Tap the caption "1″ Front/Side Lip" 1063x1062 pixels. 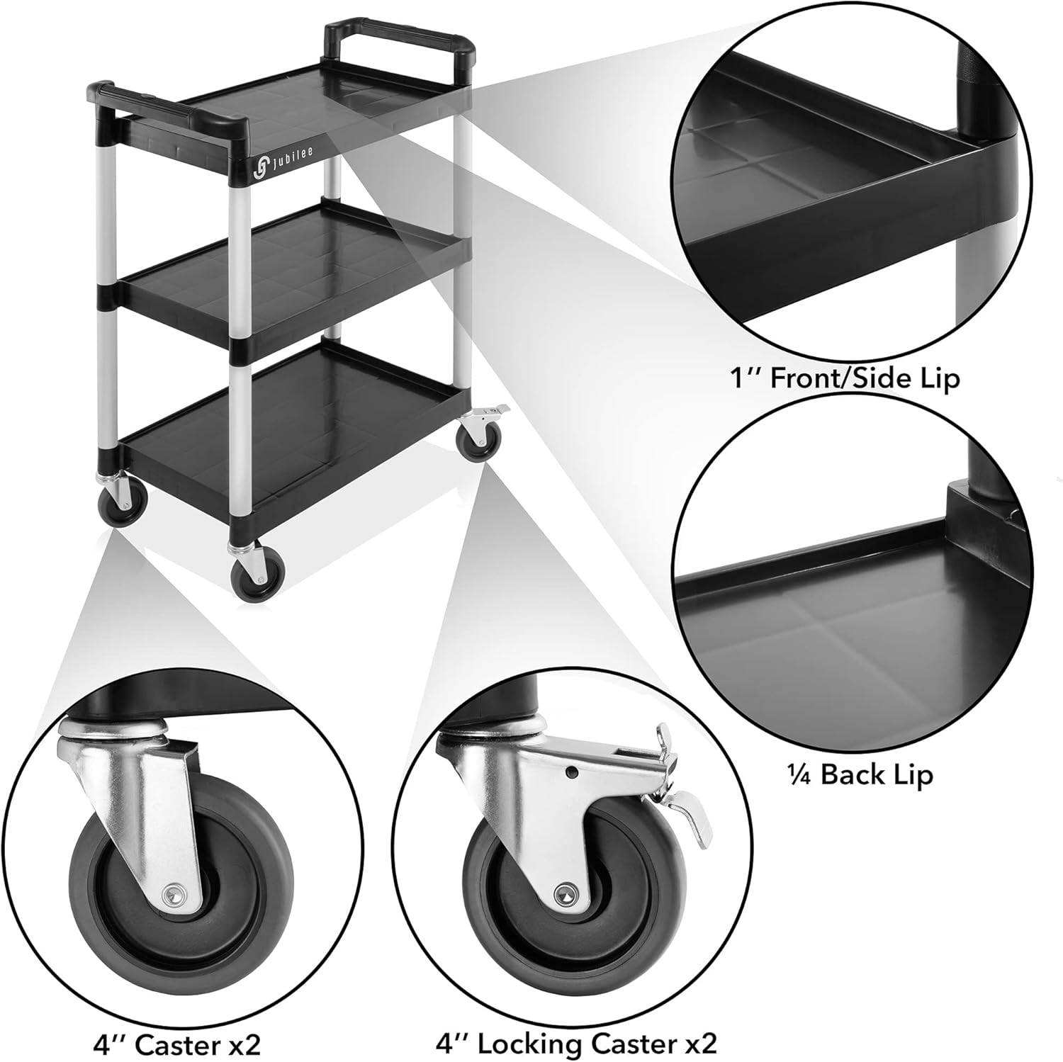844,378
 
